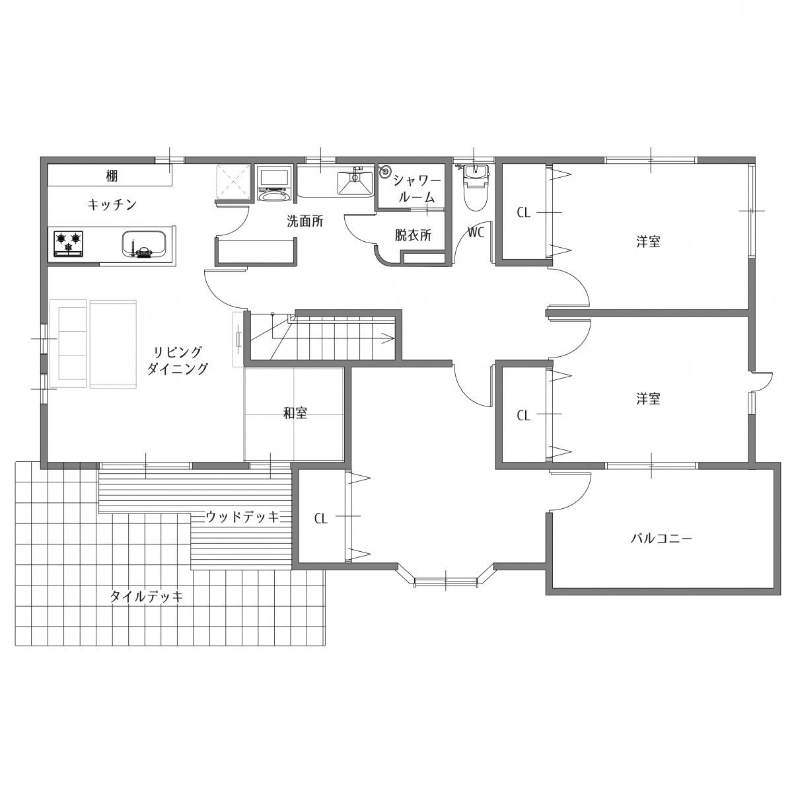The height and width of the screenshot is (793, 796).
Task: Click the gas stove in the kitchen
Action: coord(68,243)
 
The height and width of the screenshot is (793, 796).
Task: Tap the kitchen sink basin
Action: coord(145,245)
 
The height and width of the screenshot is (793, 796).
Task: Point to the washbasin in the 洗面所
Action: coord(355,183)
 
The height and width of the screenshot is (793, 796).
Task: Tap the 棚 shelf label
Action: coord(112,176)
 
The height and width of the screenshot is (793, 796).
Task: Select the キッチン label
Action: coord(112,204)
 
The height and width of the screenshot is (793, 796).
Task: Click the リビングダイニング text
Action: coord(178,360)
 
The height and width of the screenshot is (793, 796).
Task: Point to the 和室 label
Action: coord(295,413)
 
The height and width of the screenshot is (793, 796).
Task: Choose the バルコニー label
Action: coord(661,538)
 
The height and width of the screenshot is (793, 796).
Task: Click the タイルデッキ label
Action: coord(146,596)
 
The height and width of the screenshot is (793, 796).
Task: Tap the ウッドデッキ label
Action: coord(242,517)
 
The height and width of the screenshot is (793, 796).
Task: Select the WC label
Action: coord(476,233)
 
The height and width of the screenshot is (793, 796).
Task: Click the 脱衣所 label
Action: coord(413,235)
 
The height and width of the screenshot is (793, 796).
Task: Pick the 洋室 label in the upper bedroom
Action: coord(648,241)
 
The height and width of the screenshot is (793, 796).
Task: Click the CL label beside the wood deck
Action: coord(321,518)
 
